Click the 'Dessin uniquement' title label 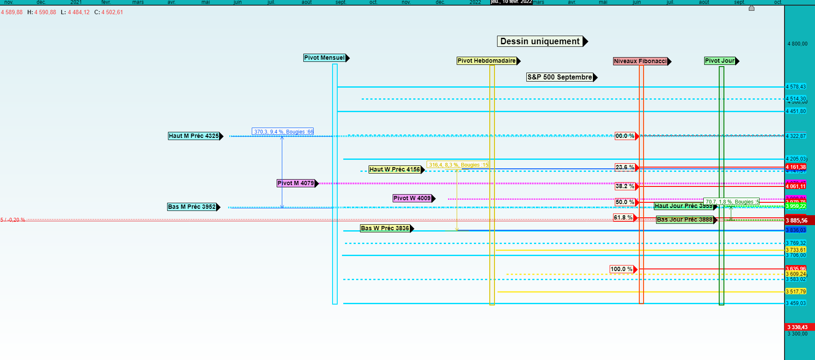pos(540,41)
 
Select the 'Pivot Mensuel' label pos(324,58)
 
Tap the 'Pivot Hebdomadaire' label pos(486,61)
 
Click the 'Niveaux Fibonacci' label pos(640,61)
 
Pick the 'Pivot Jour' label pos(720,61)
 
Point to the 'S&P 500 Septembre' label pos(559,77)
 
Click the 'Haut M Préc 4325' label pos(194,136)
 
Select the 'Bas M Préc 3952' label pos(192,207)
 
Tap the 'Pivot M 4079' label pos(296,183)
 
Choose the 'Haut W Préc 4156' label pos(394,170)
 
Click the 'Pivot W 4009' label pos(412,198)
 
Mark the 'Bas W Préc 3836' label pos(385,229)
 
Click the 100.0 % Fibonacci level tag pos(621,269)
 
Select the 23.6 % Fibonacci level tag pos(625,168)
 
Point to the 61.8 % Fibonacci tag pos(623,218)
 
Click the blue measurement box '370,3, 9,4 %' pos(283,132)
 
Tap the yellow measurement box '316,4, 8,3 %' pos(458,165)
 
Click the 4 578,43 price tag pos(796,87)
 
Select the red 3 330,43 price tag pos(797,327)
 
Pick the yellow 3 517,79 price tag pos(796,292)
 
